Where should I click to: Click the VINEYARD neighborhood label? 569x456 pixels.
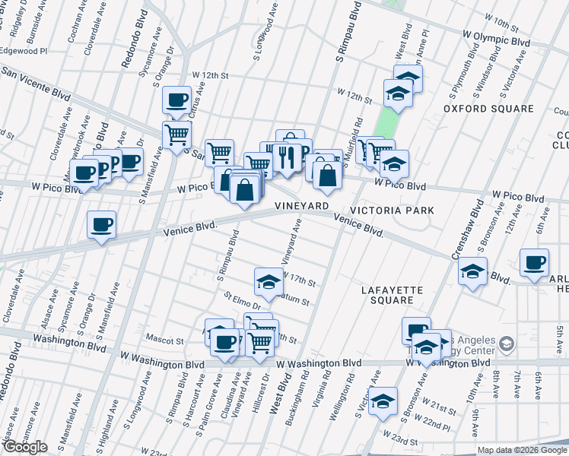pos(302,206)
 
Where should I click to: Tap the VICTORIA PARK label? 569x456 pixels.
pos(392,210)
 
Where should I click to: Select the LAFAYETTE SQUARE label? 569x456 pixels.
pos(387,295)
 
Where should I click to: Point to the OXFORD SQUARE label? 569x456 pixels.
pos(489,109)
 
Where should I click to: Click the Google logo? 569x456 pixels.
pos(25,447)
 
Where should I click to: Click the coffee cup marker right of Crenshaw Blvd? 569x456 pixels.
pos(534,263)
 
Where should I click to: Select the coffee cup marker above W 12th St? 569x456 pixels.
pos(176,100)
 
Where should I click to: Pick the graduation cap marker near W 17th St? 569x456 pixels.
pos(268,282)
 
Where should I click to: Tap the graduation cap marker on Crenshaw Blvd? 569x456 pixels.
pos(472,271)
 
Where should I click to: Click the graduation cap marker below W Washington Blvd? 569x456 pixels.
pos(383,401)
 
